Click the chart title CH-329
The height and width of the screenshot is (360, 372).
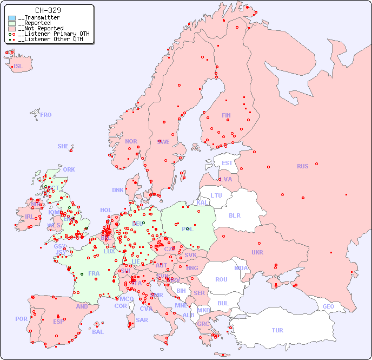coord(48,10)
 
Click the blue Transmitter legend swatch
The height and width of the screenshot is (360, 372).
coord(12,18)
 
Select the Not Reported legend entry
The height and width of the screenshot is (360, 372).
coord(40,28)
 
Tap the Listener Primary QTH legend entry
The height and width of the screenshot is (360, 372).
coord(53,34)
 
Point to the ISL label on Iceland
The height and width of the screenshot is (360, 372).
coord(18,67)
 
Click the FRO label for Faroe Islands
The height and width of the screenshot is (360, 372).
coord(46,115)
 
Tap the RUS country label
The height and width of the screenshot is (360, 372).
coord(302,166)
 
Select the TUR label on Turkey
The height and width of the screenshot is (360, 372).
coord(277,330)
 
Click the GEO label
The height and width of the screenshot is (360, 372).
coord(328,306)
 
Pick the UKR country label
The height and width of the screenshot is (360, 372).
coord(257,252)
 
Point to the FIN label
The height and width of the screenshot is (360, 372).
coord(226,115)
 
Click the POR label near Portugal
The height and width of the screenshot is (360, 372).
coord(21,319)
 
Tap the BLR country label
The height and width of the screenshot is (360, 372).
coord(234,215)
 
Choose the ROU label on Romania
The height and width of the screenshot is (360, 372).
coord(221,279)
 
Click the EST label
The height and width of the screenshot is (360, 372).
coord(227,163)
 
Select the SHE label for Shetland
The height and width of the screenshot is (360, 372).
coord(63,146)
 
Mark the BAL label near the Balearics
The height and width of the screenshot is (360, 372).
coord(98,332)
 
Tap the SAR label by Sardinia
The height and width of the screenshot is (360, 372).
coord(142,320)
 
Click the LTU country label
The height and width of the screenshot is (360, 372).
coord(216,195)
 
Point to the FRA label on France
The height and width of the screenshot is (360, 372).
coord(94,273)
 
